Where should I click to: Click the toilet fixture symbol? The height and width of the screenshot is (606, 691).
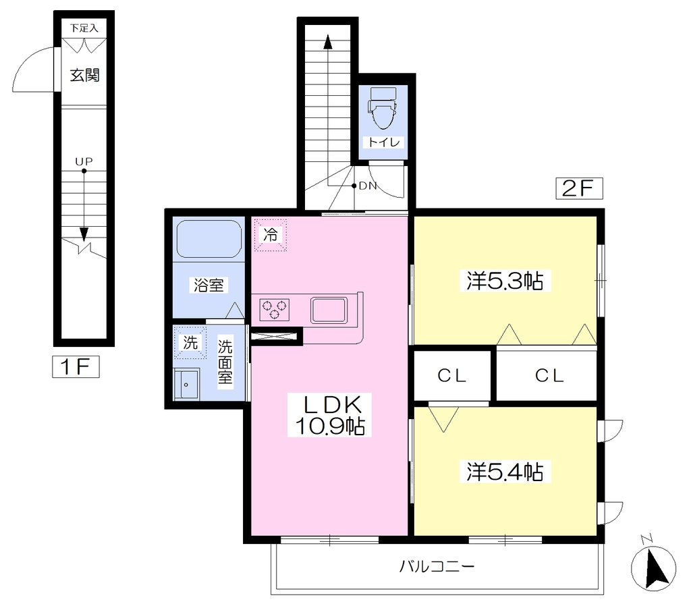pyautogui.click(x=383, y=107)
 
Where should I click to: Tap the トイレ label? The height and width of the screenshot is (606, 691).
pyautogui.click(x=383, y=142)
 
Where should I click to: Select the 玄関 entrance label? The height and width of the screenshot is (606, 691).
pyautogui.click(x=84, y=76)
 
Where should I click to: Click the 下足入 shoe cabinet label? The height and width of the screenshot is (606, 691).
pyautogui.click(x=84, y=28)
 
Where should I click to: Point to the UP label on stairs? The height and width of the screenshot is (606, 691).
pyautogui.click(x=84, y=161)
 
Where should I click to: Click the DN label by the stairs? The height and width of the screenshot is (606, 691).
pyautogui.click(x=368, y=186)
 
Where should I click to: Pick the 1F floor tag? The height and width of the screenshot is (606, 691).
pyautogui.click(x=76, y=366)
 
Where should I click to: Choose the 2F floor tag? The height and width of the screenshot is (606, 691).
pyautogui.click(x=579, y=189)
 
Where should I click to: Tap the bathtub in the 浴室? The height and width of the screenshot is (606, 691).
pyautogui.click(x=209, y=239)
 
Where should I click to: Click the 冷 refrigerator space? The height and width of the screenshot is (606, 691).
pyautogui.click(x=270, y=235)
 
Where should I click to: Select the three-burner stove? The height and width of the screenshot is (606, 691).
pyautogui.click(x=275, y=309)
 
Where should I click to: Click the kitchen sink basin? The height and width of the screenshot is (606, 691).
pyautogui.click(x=329, y=310)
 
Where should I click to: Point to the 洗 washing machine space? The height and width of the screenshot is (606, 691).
pyautogui.click(x=190, y=342)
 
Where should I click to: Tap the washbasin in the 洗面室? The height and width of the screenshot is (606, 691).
pyautogui.click(x=186, y=384)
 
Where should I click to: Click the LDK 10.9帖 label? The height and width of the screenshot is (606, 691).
pyautogui.click(x=329, y=415)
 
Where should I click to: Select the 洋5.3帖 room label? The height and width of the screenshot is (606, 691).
pyautogui.click(x=505, y=280)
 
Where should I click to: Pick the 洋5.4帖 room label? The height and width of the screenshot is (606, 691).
pyautogui.click(x=505, y=471)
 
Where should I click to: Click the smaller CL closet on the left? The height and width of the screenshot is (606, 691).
pyautogui.click(x=452, y=375)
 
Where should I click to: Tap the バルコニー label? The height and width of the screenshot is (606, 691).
pyautogui.click(x=437, y=566)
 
